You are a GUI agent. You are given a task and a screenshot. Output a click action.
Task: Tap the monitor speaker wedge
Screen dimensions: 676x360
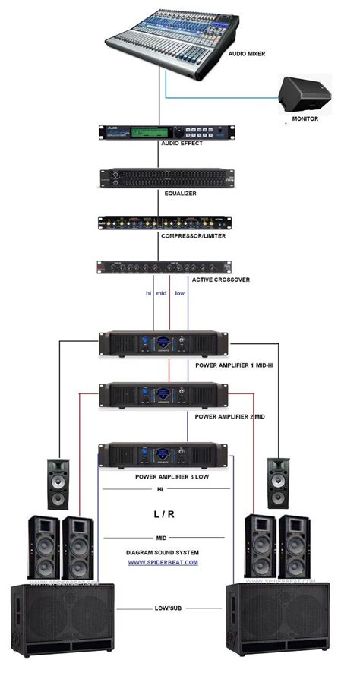point(302,94)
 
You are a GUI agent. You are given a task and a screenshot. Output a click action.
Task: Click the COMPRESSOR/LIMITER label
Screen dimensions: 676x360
point(193,236)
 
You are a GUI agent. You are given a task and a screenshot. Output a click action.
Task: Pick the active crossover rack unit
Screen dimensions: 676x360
point(164,267)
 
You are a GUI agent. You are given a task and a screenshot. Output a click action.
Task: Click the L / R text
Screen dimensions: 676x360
point(164,515)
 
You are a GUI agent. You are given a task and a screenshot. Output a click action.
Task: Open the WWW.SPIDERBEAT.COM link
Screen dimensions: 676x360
point(163,562)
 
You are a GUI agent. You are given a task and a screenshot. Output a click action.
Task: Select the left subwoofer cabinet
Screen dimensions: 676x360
point(62,618)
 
